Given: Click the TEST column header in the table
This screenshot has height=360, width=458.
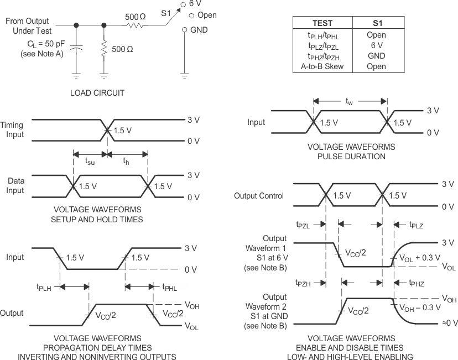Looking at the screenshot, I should [322, 24].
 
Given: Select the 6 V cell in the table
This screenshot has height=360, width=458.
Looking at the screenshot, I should [376, 45].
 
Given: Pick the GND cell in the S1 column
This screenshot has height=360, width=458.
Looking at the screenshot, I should [376, 56].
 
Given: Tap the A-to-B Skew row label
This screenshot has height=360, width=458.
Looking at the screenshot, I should [322, 66].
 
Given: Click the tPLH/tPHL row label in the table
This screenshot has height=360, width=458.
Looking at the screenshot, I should [322, 35].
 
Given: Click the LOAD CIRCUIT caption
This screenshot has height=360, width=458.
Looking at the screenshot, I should [97, 93].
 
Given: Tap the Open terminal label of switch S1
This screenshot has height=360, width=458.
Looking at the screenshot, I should [207, 15].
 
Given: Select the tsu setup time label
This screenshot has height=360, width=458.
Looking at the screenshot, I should [90, 161].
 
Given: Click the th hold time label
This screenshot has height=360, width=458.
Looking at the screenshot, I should [127, 161].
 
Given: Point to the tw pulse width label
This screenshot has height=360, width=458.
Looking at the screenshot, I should [349, 101].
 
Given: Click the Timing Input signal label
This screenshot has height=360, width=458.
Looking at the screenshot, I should [13, 130].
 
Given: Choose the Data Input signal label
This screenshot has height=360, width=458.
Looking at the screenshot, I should [16, 185].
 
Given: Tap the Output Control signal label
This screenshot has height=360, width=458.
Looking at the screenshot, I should [259, 196].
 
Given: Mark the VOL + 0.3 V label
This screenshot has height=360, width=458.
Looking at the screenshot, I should [417, 258].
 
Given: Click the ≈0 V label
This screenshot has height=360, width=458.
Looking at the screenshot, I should [448, 322].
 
